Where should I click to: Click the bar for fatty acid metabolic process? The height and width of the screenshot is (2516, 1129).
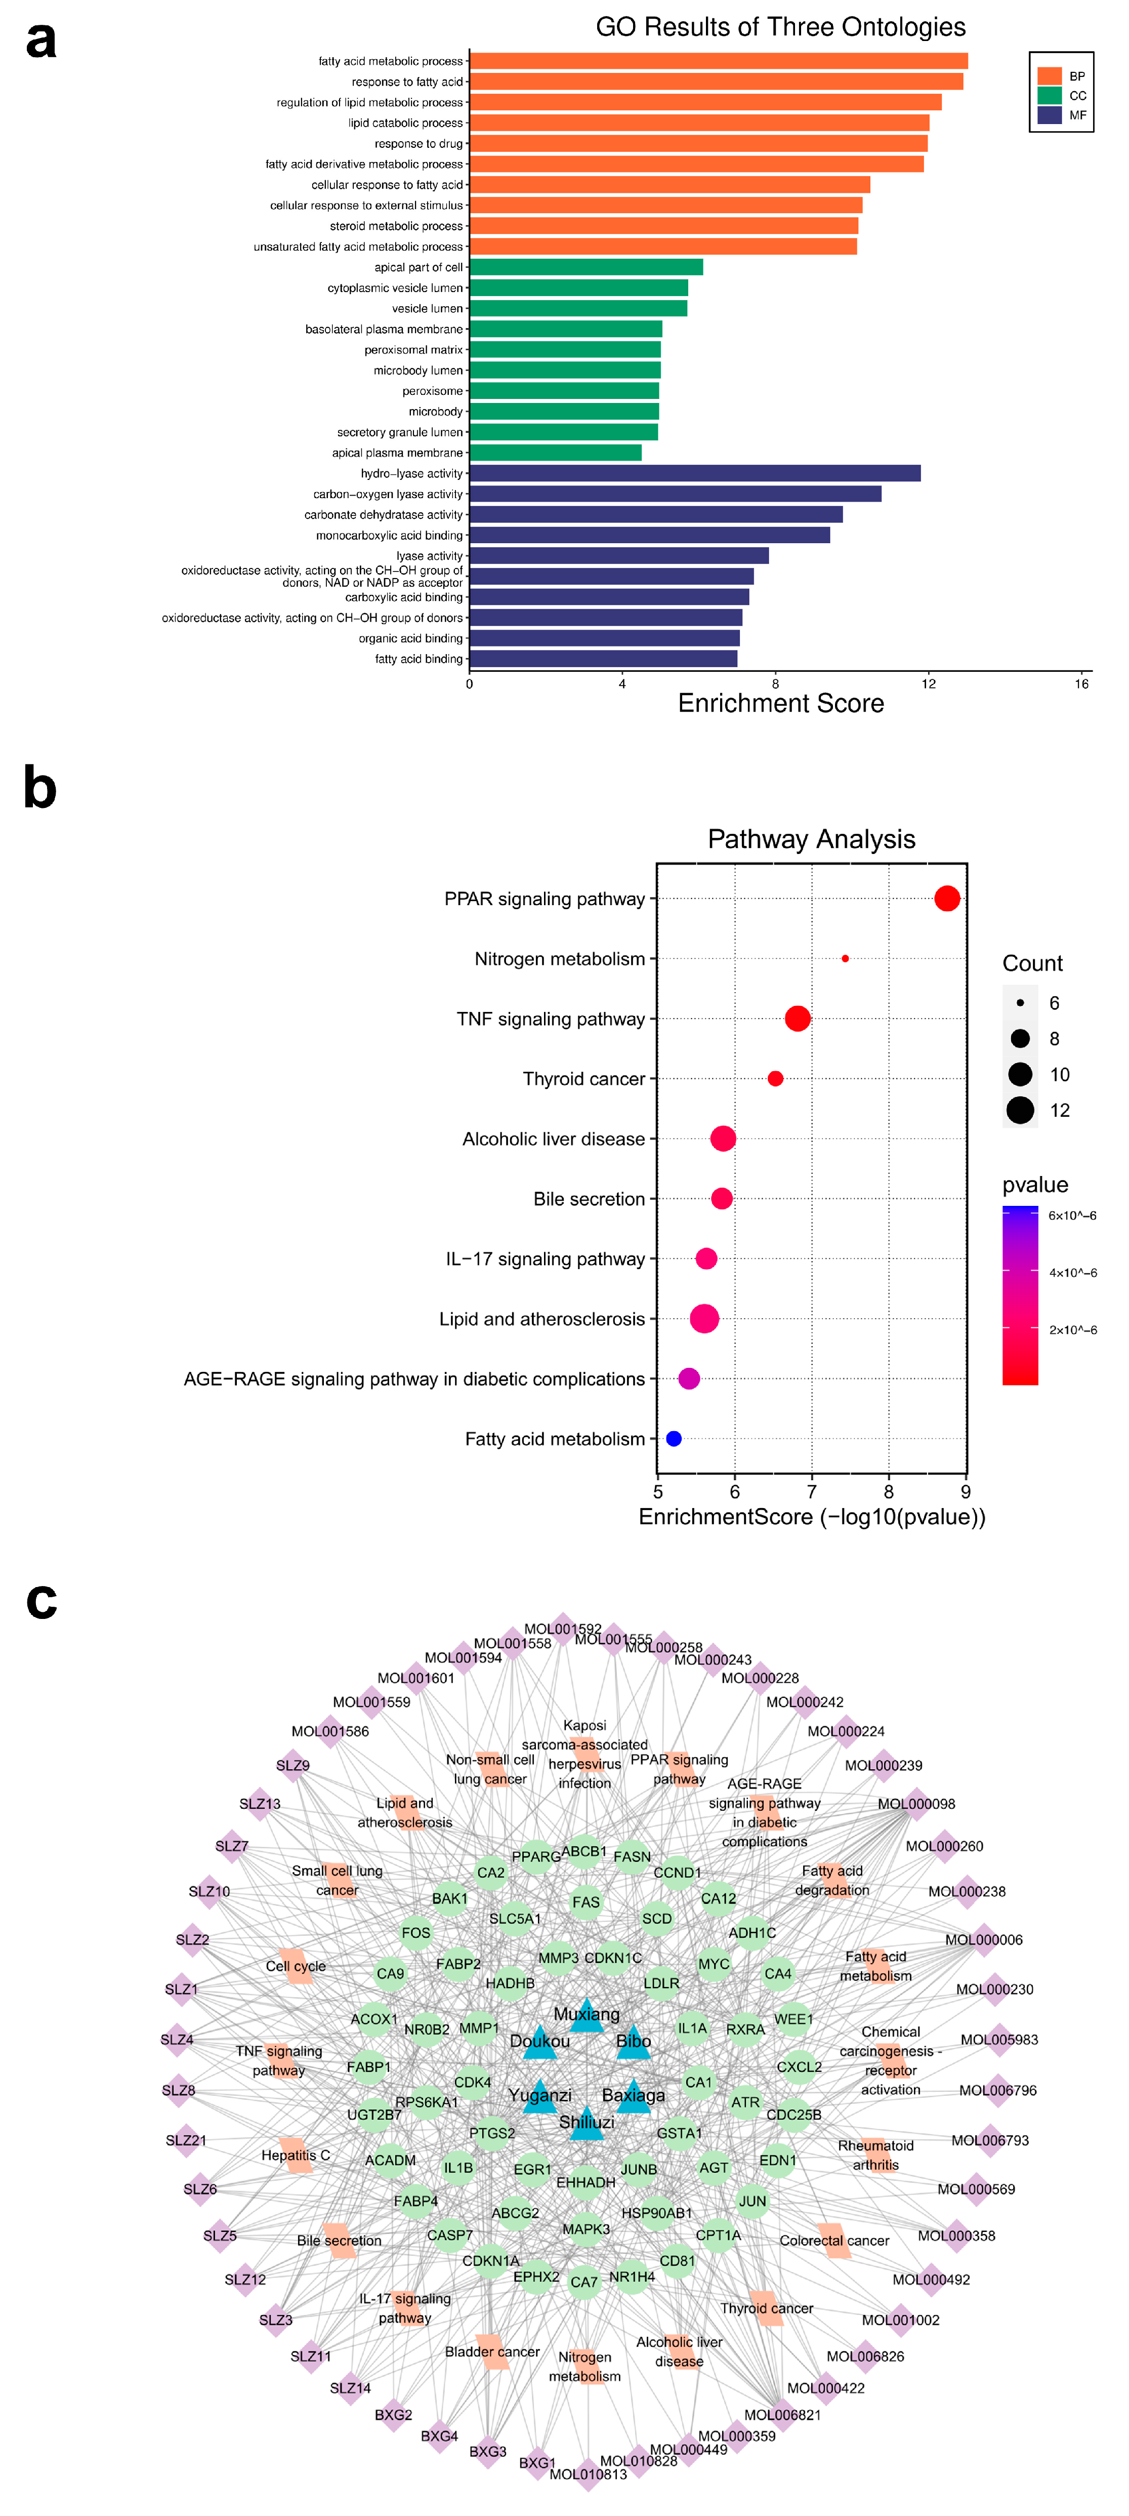point(718,61)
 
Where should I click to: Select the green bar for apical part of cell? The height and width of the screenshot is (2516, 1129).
point(586,267)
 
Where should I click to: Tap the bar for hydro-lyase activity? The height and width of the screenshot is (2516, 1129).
point(694,473)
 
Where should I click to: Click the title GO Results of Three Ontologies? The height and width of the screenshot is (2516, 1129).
point(780,27)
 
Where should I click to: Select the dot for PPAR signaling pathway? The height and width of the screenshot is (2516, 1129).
point(946,899)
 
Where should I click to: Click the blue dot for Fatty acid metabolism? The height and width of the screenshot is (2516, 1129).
point(673,1439)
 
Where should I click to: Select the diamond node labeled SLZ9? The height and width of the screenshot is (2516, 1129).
point(293,1765)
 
